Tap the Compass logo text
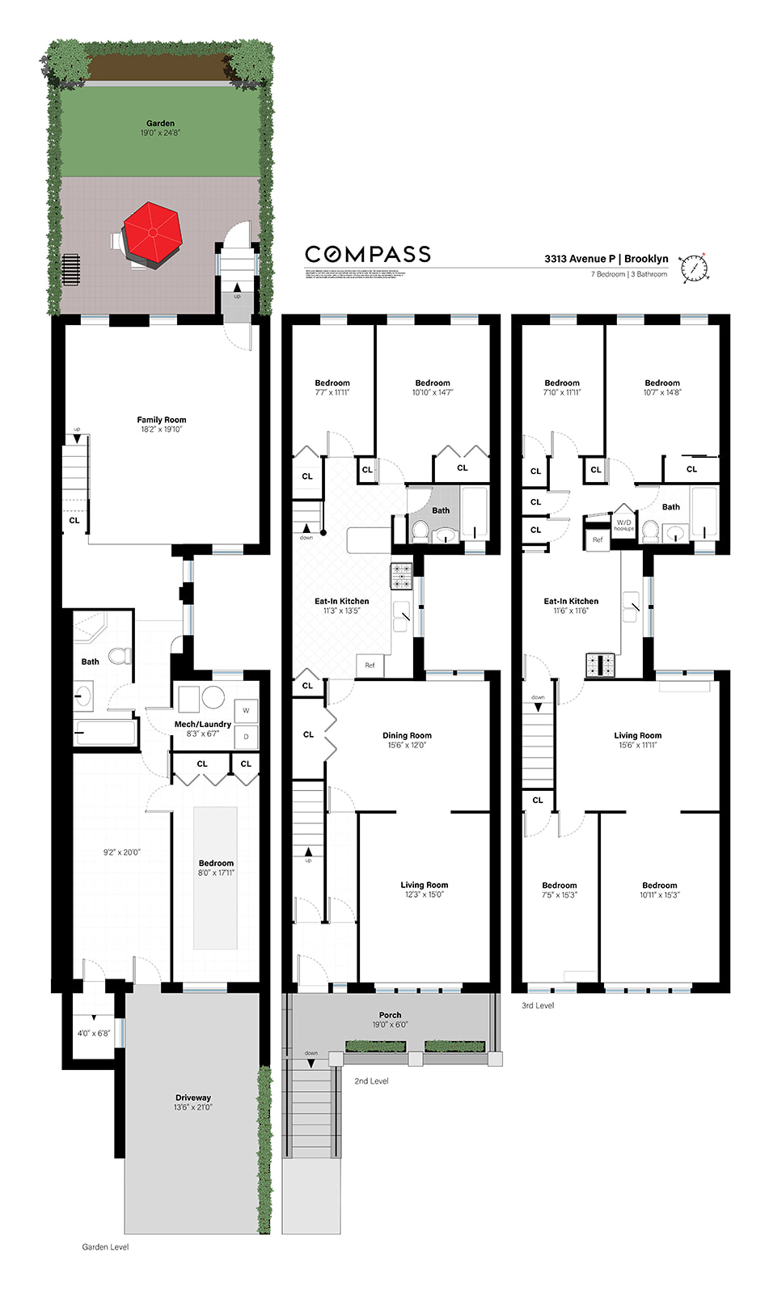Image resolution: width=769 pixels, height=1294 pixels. coord(368,255)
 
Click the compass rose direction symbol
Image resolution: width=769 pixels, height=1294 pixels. coord(694,269)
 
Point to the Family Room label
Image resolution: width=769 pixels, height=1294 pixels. coord(162,421)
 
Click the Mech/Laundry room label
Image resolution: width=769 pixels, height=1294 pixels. coord(203,725)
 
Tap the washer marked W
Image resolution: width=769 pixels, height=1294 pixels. coord(246,711)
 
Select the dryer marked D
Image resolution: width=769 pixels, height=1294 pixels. coord(246,737)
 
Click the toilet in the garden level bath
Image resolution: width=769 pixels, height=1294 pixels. coord(120,654)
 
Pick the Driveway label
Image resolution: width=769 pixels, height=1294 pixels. coord(193,1098)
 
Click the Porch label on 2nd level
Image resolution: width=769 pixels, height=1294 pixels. coord(390,1015)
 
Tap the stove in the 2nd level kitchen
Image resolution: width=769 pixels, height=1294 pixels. coord(402,576)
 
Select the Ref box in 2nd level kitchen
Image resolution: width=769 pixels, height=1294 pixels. coord(370,666)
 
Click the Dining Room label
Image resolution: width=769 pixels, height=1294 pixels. coord(407,736)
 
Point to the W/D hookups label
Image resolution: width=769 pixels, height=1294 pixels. coord(624,525)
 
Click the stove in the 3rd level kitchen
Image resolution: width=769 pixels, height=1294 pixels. coord(600,664)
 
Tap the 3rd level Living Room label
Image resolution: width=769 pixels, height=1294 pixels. coord(637,736)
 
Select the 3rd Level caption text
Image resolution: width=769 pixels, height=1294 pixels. coord(538,1005)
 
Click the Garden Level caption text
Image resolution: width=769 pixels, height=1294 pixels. coord(105,1247)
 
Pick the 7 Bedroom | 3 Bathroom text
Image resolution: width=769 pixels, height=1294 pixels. coord(629,274)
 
